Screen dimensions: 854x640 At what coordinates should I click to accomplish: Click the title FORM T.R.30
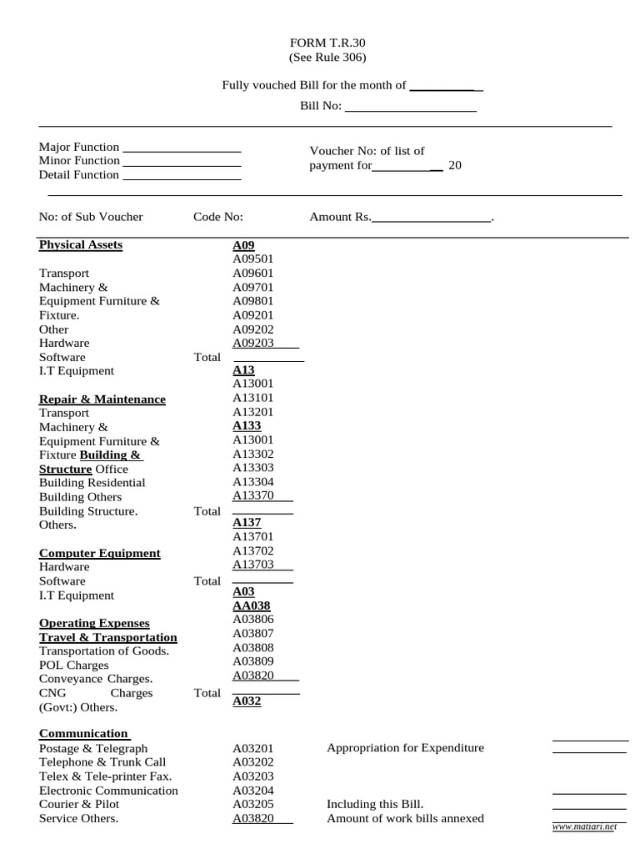(x=327, y=43)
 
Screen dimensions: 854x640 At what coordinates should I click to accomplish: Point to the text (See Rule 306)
(x=327, y=58)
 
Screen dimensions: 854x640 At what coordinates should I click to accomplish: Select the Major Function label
(x=79, y=147)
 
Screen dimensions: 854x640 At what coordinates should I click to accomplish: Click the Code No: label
(x=218, y=217)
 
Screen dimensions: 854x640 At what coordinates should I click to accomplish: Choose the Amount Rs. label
(x=340, y=217)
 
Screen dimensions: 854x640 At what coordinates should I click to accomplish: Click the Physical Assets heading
(x=81, y=245)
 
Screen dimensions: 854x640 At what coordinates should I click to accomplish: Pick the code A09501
(x=253, y=259)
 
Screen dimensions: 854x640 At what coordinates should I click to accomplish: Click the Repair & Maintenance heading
(x=102, y=399)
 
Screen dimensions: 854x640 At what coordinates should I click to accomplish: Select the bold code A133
(x=247, y=425)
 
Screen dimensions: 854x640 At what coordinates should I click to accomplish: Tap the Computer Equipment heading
(x=100, y=553)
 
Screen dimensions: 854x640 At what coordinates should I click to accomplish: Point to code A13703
(x=253, y=565)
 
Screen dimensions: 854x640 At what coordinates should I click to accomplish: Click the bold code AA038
(x=251, y=605)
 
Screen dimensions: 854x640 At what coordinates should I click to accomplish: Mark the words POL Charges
(x=74, y=666)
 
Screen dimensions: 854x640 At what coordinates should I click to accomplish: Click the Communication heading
(x=83, y=734)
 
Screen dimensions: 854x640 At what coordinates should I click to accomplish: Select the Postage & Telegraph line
(x=93, y=748)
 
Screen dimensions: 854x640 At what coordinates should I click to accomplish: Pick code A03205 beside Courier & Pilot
(x=253, y=804)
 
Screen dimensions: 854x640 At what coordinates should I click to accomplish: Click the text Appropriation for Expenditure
(x=405, y=748)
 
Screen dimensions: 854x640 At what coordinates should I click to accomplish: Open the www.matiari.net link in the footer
(x=584, y=826)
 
